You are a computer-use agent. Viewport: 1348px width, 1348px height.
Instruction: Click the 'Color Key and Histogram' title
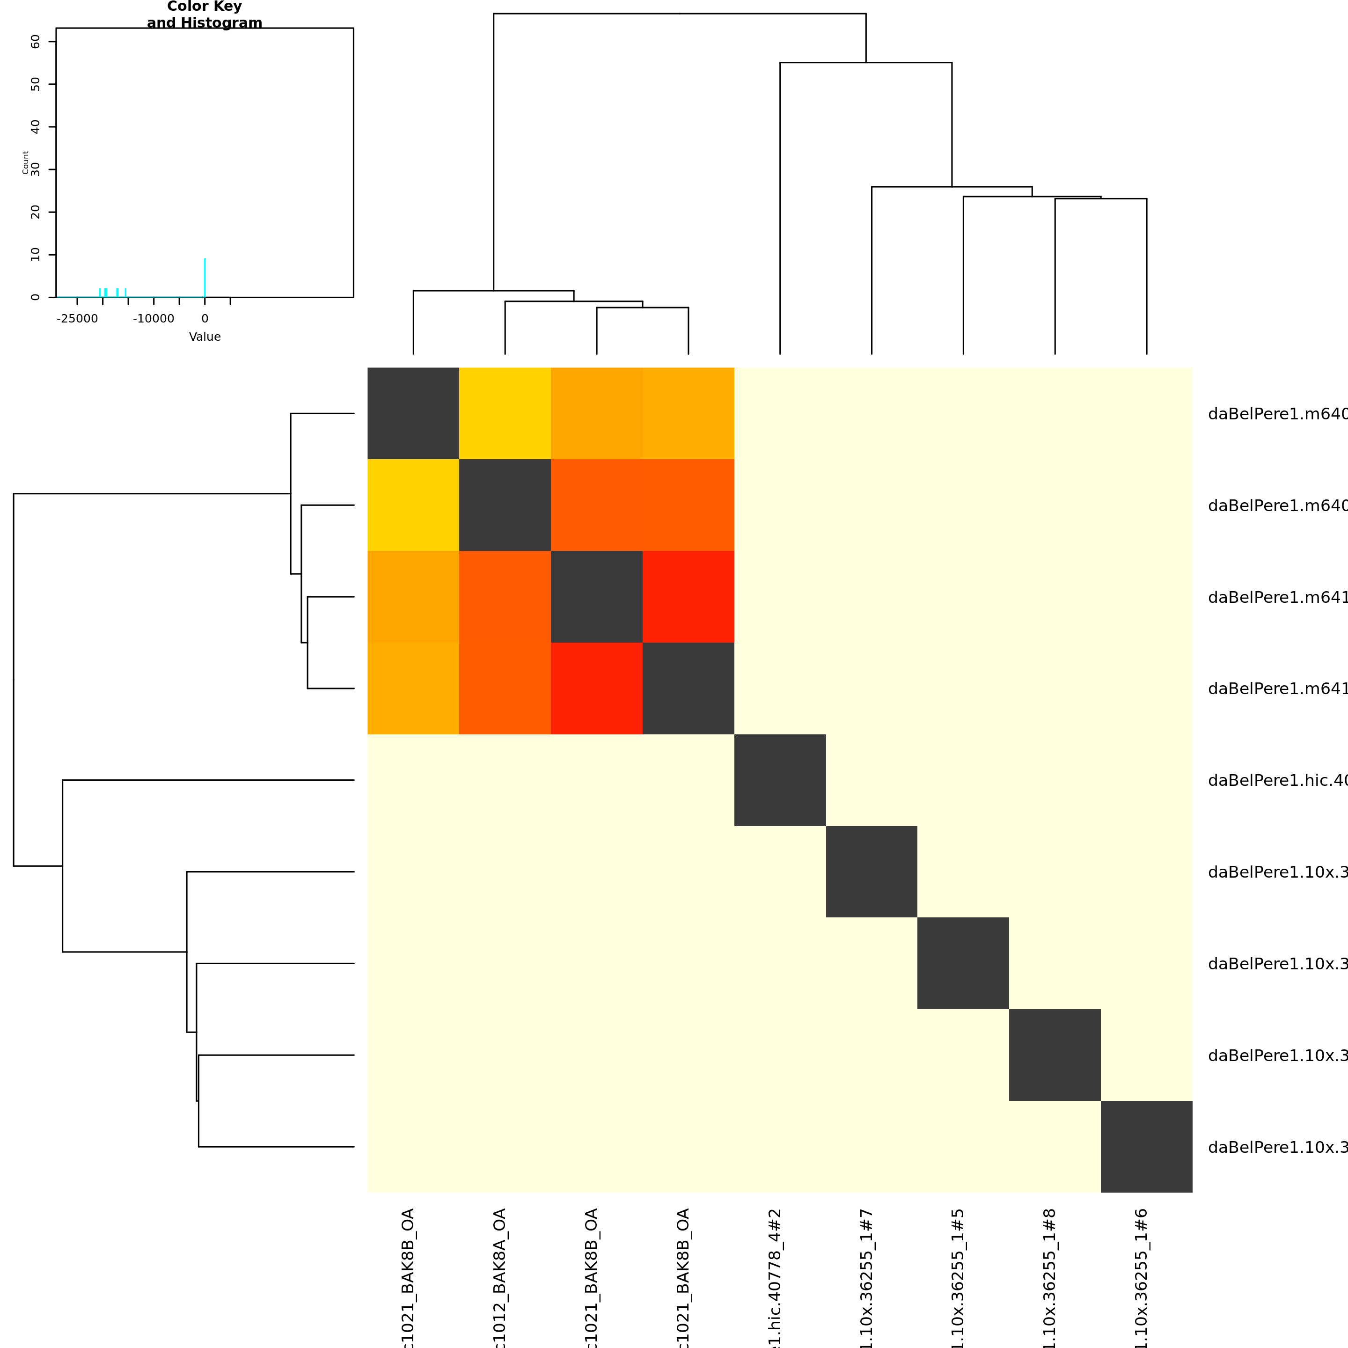coord(205,15)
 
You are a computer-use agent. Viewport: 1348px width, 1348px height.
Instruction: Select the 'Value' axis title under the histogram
coord(205,337)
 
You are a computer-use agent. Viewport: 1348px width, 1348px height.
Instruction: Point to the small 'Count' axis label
coord(25,162)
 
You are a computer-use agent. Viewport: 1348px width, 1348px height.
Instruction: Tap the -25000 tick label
coord(77,319)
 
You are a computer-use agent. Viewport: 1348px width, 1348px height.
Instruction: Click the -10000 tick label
coord(154,319)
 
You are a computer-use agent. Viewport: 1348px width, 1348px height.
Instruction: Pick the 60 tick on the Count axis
coord(36,42)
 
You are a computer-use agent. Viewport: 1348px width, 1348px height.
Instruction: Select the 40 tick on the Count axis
coord(36,127)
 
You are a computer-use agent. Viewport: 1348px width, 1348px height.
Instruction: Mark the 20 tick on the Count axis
coord(36,212)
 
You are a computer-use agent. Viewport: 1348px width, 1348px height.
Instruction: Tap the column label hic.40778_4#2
coord(775,1277)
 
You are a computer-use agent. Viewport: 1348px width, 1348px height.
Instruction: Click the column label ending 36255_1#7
coord(866,1277)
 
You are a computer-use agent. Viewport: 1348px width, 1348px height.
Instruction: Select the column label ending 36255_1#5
coord(958,1277)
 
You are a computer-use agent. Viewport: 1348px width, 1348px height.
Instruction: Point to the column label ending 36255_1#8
coord(1050,1277)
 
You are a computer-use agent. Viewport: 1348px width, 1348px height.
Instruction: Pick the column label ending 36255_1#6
coord(1142,1277)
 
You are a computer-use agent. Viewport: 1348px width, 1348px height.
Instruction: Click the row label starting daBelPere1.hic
coord(1277,781)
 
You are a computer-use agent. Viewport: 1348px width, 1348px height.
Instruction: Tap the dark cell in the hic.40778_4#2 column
coord(780,780)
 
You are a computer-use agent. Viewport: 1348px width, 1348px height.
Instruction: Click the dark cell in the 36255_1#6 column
coord(1146,1146)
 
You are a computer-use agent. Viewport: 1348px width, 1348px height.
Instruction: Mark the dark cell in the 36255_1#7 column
coord(872,872)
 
